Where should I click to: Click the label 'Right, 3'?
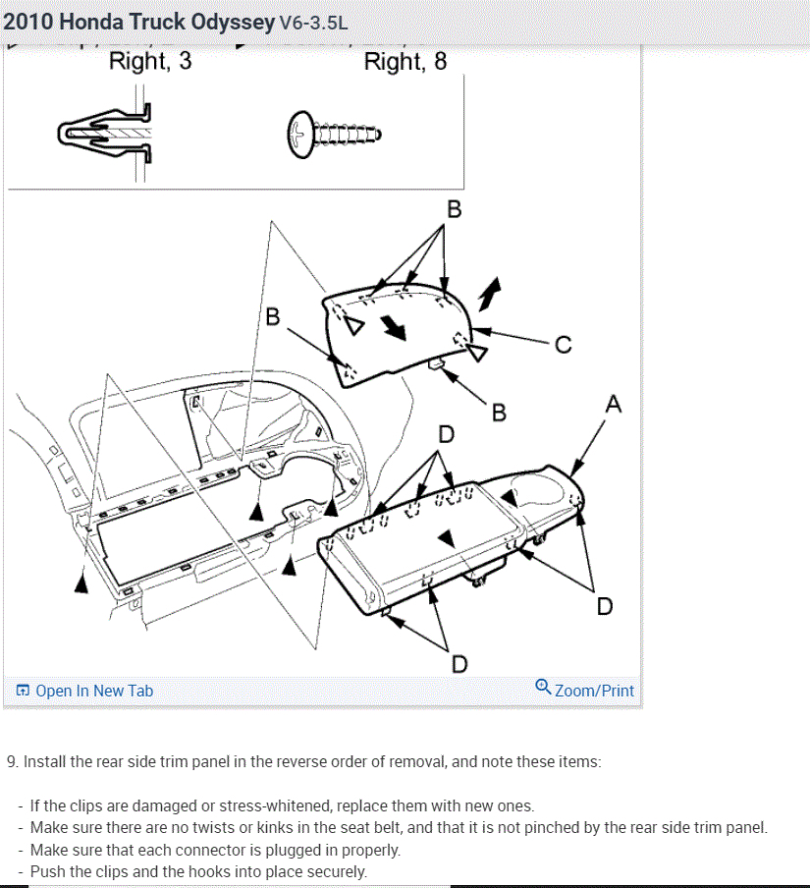click(x=150, y=62)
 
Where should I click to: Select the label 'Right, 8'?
click(x=405, y=62)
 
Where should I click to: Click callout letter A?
click(x=614, y=404)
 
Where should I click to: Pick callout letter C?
click(x=563, y=345)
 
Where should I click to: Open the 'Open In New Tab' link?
click(x=94, y=691)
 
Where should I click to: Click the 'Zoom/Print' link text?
click(x=594, y=691)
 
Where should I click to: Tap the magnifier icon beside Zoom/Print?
click(x=543, y=687)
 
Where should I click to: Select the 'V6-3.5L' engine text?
click(x=313, y=22)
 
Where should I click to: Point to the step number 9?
click(x=12, y=761)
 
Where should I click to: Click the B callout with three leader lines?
click(x=454, y=208)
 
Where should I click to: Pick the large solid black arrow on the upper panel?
click(x=394, y=329)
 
